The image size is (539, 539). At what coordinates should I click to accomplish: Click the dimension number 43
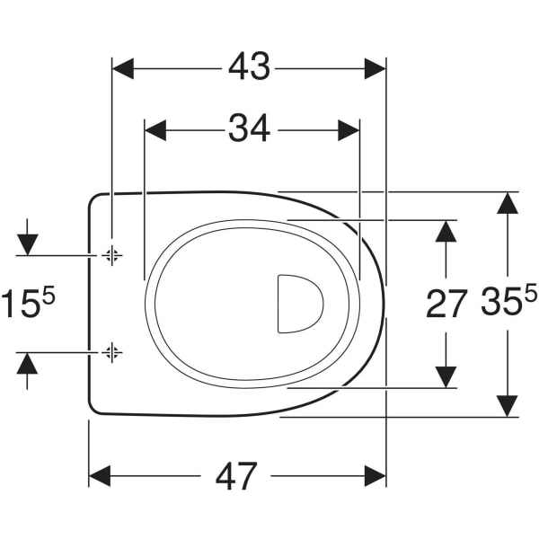[x=250, y=67]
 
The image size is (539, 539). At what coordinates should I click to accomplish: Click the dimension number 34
[x=250, y=128]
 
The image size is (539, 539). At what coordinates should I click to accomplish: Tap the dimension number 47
[x=236, y=476]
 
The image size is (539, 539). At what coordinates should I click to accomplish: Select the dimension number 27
[x=446, y=304]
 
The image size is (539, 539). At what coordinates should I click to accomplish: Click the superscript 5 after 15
[x=49, y=296]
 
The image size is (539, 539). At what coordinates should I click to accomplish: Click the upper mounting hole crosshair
[x=111, y=255]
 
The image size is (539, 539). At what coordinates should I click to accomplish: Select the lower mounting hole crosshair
[x=111, y=352]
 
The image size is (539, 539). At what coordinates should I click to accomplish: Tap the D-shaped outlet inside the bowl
[x=300, y=304]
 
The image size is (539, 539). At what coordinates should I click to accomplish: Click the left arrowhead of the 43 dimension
[x=123, y=69]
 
